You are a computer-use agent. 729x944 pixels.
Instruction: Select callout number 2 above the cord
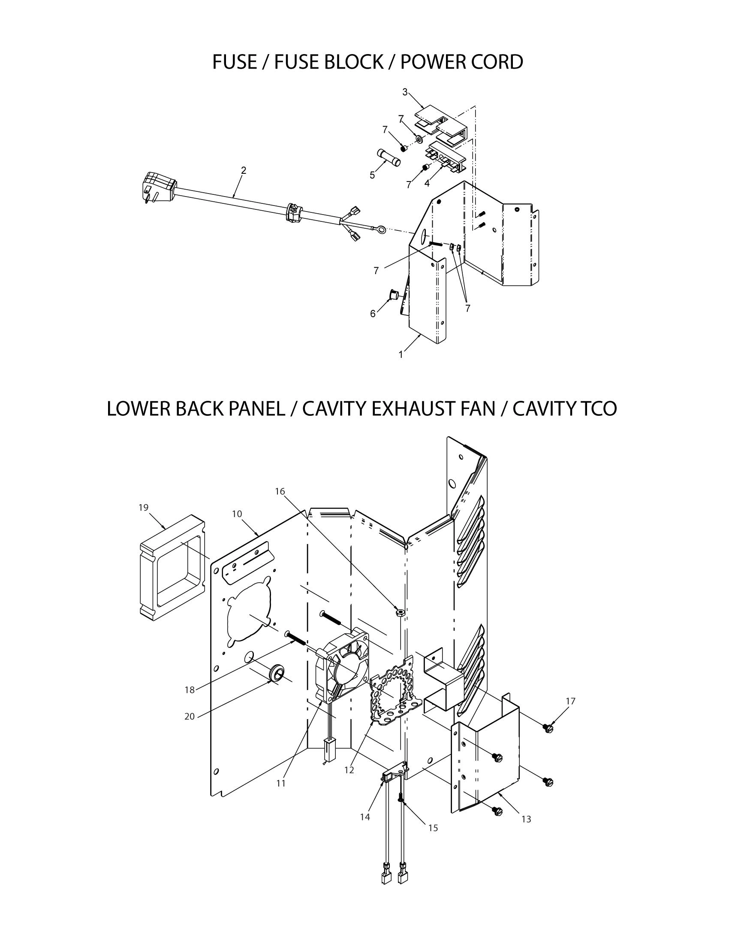pos(244,171)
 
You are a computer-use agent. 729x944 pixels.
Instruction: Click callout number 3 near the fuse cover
pos(405,92)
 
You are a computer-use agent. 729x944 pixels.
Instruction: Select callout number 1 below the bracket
pos(401,355)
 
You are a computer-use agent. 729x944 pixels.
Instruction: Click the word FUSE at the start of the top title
pos(234,62)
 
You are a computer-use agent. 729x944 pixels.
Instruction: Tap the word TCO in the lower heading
pos(597,408)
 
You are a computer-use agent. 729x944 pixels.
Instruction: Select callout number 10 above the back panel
pos(237,514)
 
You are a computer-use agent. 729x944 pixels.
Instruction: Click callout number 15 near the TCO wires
pos(433,828)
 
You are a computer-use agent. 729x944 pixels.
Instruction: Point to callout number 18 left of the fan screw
pos(190,690)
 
